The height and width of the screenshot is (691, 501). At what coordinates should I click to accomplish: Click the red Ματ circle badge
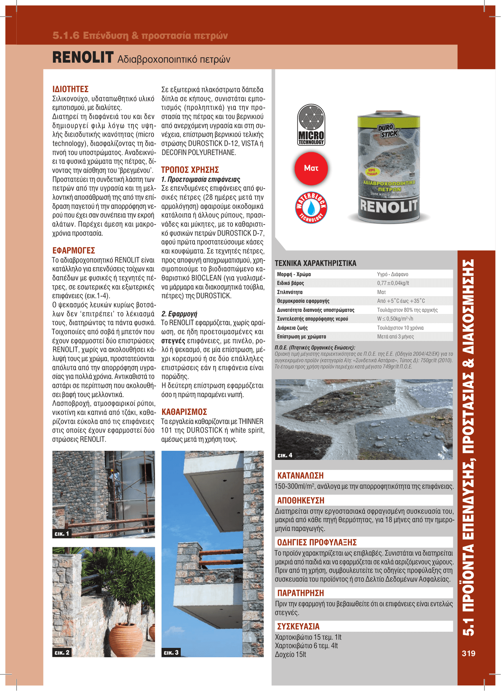pos(311,168)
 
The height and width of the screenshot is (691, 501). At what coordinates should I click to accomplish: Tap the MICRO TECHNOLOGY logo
pos(311,125)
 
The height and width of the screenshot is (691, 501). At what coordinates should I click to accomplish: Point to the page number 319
pos(469,653)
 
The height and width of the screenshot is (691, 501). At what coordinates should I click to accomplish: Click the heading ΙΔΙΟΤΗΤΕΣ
pos(70,89)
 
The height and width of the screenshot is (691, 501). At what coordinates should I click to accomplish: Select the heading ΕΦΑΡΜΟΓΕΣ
pos(74,251)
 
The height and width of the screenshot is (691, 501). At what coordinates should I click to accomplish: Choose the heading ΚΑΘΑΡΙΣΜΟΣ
pos(184,412)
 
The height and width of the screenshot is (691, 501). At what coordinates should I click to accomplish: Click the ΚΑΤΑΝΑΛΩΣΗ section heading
pos(301,476)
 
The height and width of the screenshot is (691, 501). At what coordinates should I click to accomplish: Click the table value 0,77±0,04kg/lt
pos(393,283)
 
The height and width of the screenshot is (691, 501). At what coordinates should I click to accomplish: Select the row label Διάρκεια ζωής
pos(292,328)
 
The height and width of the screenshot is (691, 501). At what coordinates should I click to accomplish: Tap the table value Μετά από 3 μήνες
pos(395,337)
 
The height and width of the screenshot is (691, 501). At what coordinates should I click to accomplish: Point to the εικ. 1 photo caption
pos(61,534)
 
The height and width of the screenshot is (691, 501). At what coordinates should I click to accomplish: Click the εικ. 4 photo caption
pos(285,455)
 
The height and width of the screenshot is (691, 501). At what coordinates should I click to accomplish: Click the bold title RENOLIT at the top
pos(83,58)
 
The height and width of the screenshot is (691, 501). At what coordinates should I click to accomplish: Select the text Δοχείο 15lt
pos(290,655)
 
